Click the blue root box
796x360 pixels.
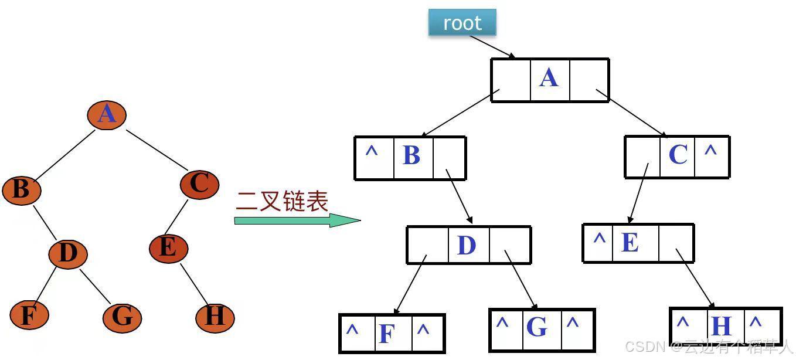[462, 22]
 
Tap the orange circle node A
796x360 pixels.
[107, 115]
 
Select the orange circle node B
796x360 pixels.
[22, 190]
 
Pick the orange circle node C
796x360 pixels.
[200, 184]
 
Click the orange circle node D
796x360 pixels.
[68, 254]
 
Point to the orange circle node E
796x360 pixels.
[168, 247]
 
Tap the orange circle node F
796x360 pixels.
[29, 315]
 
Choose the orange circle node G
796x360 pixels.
[123, 318]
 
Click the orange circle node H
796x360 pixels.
[215, 318]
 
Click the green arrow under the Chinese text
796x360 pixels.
[297, 220]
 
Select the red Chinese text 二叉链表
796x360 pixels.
[282, 201]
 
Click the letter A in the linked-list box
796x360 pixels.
[549, 77]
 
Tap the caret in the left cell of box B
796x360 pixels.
[372, 151]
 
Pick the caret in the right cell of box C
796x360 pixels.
[710, 151]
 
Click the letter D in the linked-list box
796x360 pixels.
[467, 245]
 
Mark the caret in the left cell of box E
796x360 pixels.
[600, 237]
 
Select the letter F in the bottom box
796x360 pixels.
[387, 334]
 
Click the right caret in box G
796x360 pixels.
[573, 322]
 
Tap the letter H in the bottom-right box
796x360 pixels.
[721, 326]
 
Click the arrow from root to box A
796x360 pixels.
[492, 46]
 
